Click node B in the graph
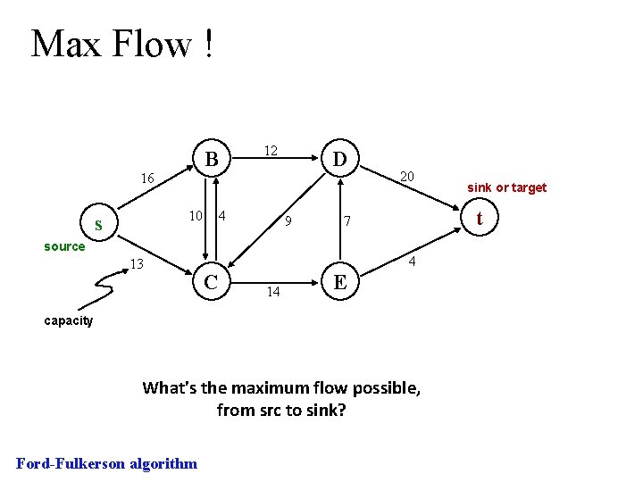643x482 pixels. coord(212,160)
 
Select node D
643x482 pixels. coord(339,160)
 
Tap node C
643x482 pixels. coord(212,282)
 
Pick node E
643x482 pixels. coord(339,282)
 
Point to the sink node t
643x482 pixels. coord(480,218)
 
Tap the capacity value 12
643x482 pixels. coord(271,151)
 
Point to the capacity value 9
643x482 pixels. coord(288,220)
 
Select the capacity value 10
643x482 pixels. coord(196,215)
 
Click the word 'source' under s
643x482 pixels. coord(64,246)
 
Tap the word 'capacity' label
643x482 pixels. coord(68,320)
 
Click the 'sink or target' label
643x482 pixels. coord(506,187)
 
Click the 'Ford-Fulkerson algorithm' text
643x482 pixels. coord(107,462)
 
